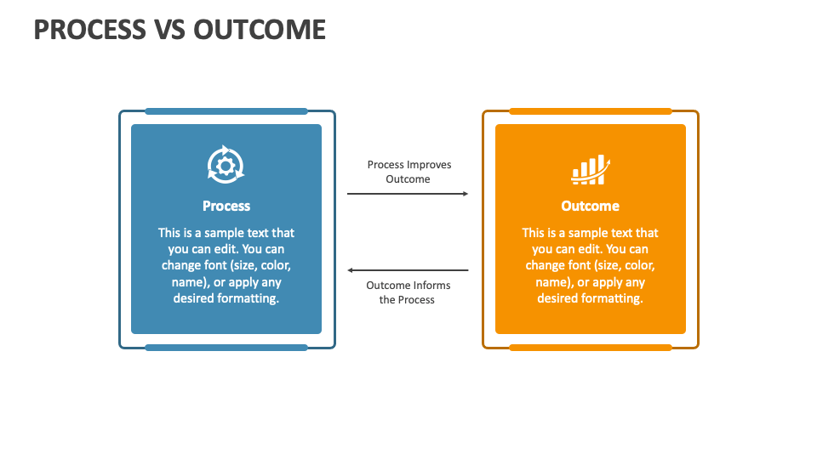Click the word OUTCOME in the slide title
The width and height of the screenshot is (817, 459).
pos(260,29)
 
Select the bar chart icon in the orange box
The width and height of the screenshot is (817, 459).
pos(590,169)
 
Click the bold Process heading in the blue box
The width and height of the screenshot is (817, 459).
pos(226,206)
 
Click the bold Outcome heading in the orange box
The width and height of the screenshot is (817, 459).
pos(590,206)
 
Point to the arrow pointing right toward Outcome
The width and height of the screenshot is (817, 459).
pos(408,194)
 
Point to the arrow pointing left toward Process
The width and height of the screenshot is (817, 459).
pos(408,270)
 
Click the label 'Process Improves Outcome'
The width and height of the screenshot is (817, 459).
pos(408,172)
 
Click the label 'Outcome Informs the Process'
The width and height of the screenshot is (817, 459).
pos(408,292)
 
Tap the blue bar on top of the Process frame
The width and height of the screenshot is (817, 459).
pos(226,111)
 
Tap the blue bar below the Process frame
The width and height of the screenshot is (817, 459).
pos(226,347)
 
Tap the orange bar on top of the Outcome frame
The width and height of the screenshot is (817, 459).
pos(590,111)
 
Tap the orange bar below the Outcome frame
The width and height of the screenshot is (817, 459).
pos(590,347)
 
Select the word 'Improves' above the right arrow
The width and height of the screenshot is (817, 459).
pos(429,165)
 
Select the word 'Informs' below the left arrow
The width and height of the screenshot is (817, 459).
pos(431,286)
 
